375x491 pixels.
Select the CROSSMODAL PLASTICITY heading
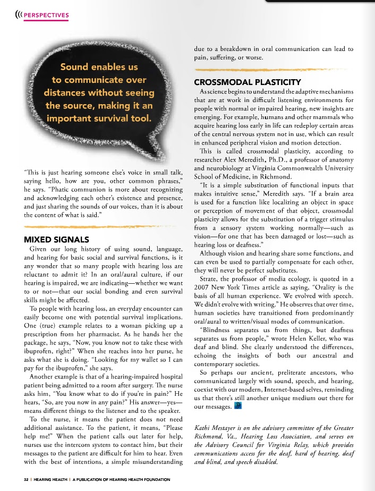(248, 82)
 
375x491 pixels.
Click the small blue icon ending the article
(238, 407)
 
